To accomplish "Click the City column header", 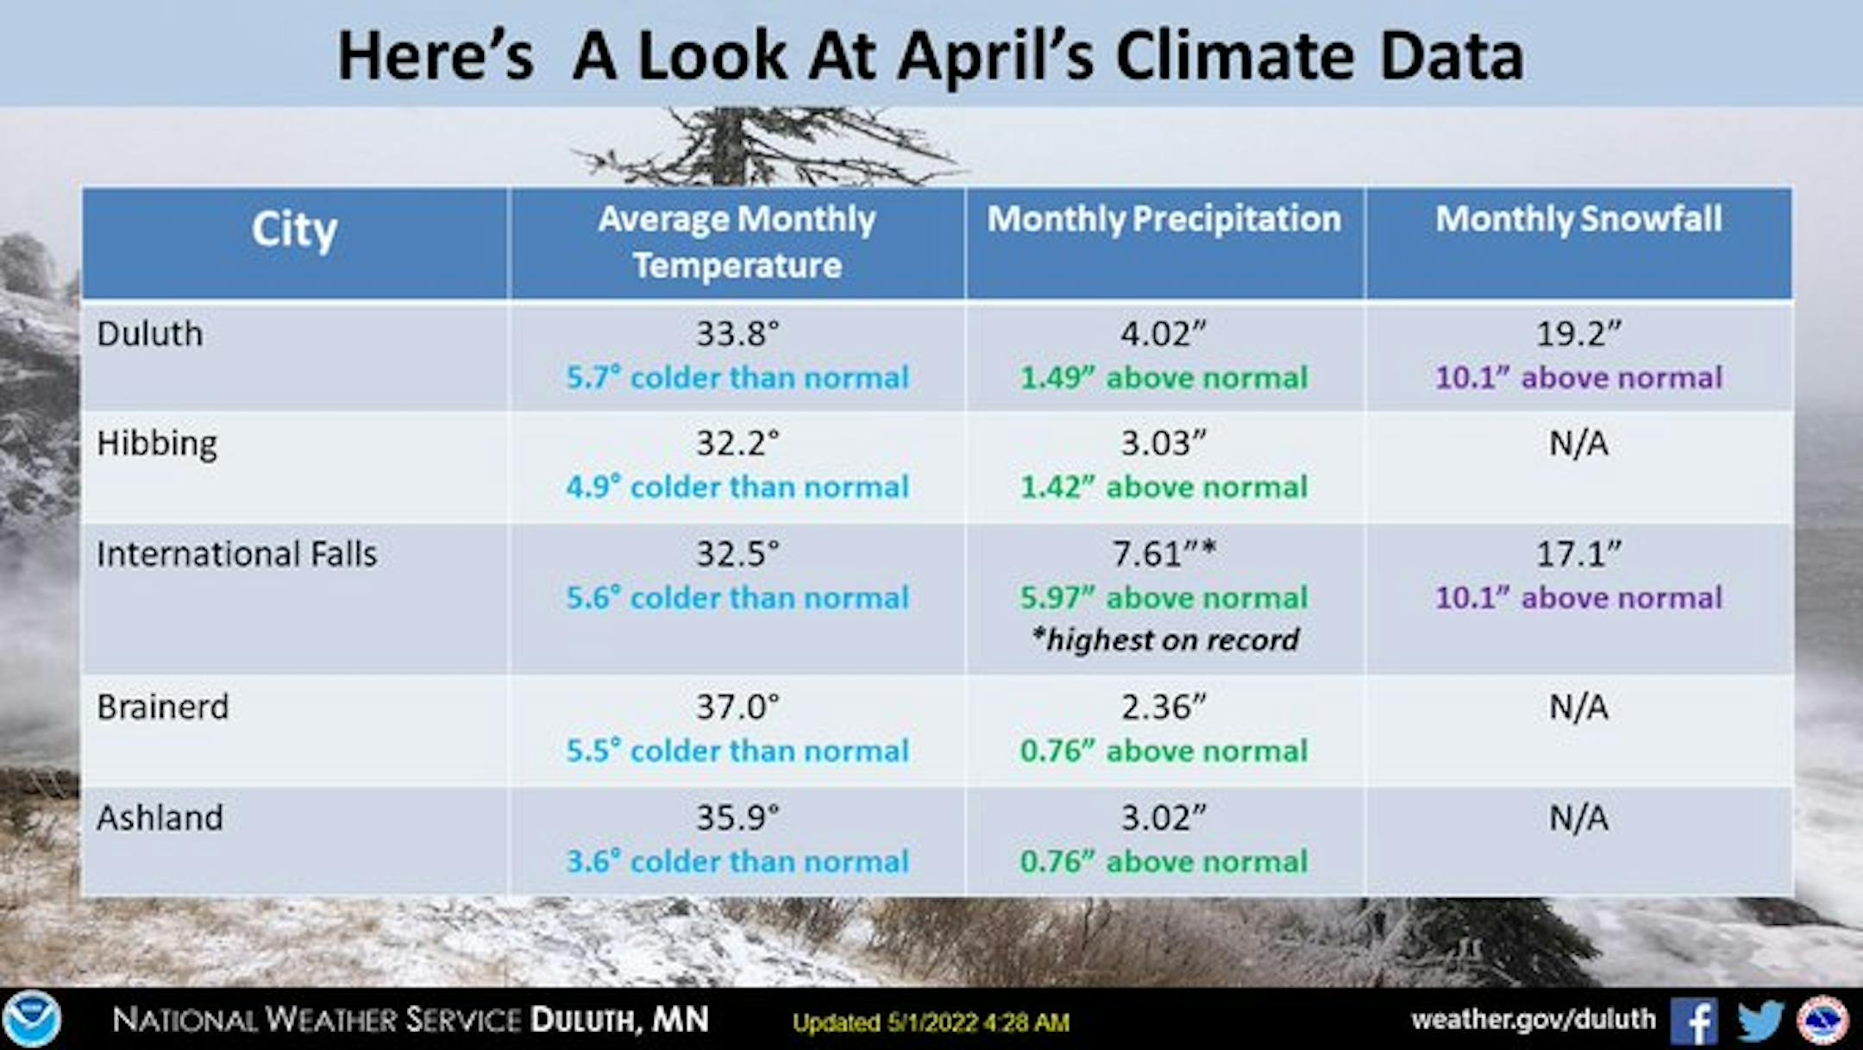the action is [x=294, y=230].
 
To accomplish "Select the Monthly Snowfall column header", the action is [x=1578, y=219].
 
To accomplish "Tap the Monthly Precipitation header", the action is [x=1164, y=220].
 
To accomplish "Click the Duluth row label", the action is [x=150, y=334].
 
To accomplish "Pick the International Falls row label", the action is [x=237, y=554].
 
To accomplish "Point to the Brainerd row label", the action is [x=163, y=707].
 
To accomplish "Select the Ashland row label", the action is [x=160, y=818].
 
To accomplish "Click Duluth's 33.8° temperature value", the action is [x=737, y=334].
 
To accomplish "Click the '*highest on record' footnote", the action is [x=1164, y=640].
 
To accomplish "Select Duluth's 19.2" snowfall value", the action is [x=1578, y=334].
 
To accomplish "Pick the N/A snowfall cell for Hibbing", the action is [x=1578, y=443].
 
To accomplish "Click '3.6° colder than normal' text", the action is [x=737, y=862].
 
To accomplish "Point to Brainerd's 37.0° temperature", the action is [x=737, y=707].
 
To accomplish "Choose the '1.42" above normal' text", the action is [x=1164, y=487].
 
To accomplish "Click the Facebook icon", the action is [x=1694, y=1022].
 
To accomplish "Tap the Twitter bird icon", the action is [x=1760, y=1022].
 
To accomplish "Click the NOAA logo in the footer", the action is [x=32, y=1020].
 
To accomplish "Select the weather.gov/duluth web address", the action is [x=1534, y=1020].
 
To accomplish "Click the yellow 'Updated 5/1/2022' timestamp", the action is [x=931, y=1023].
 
